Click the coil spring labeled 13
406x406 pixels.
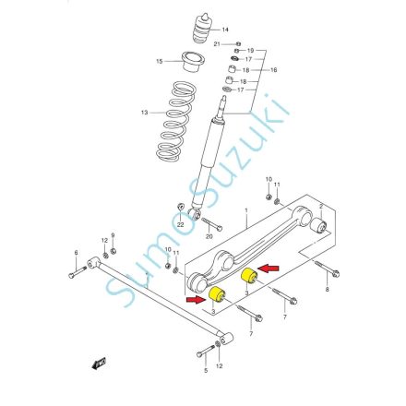(176, 122)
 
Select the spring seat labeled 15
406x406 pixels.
(193, 62)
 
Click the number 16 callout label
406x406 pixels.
(273, 70)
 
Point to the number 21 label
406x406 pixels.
(217, 44)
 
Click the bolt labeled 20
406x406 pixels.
(212, 224)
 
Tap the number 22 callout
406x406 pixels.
(180, 225)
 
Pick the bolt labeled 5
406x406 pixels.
(206, 351)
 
